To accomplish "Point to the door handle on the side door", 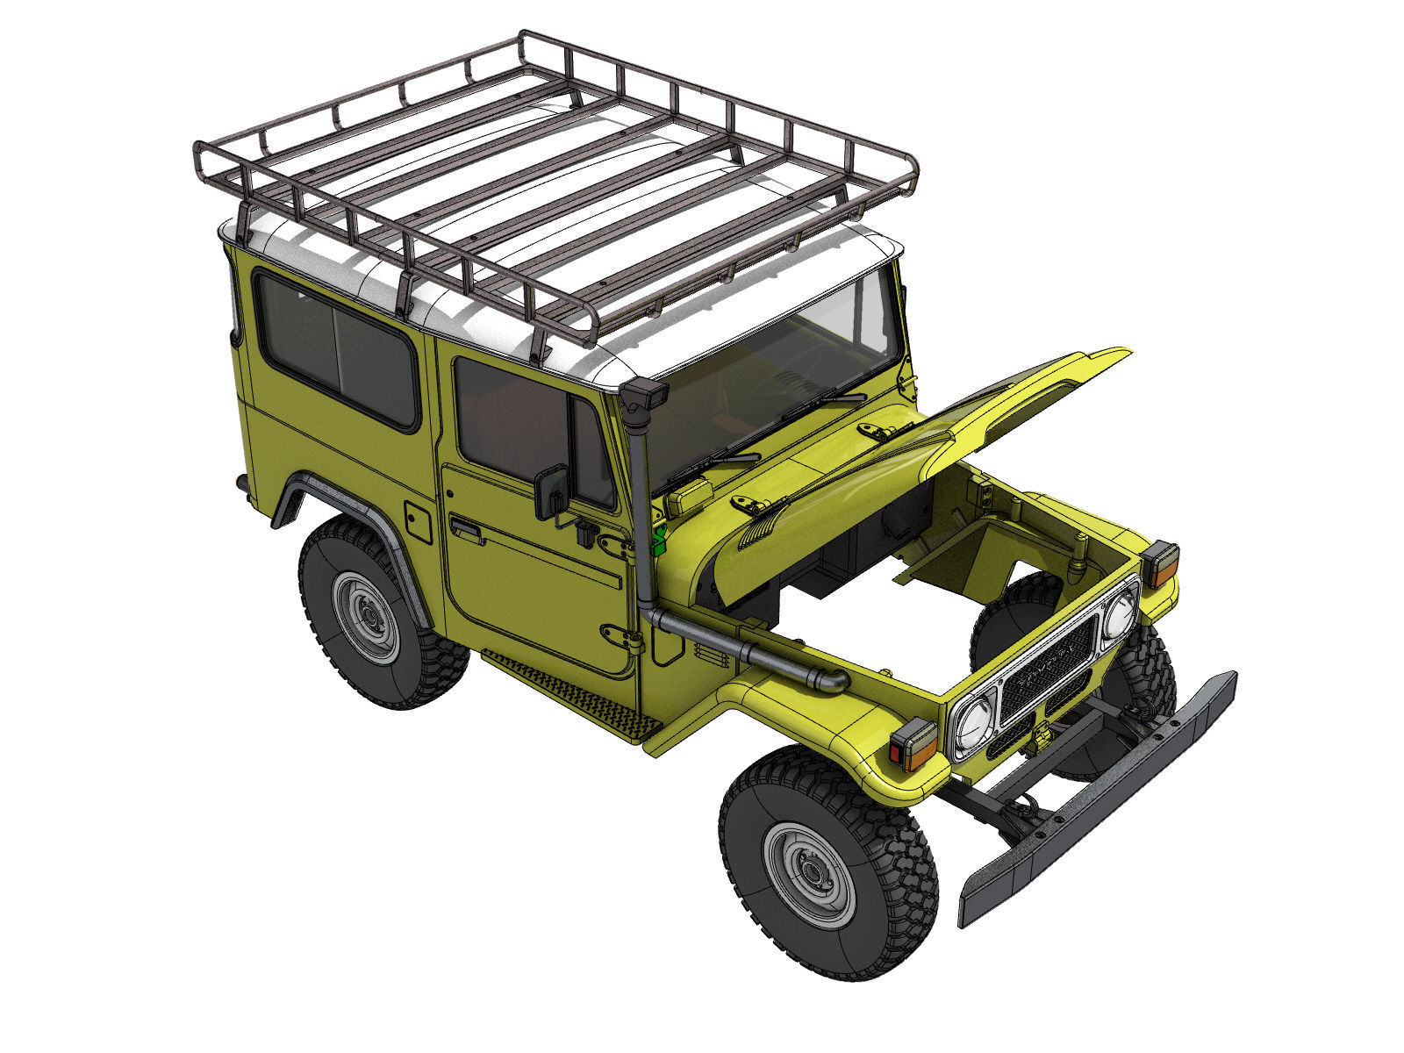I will [x=465, y=528].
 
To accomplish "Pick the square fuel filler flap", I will [x=418, y=522].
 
